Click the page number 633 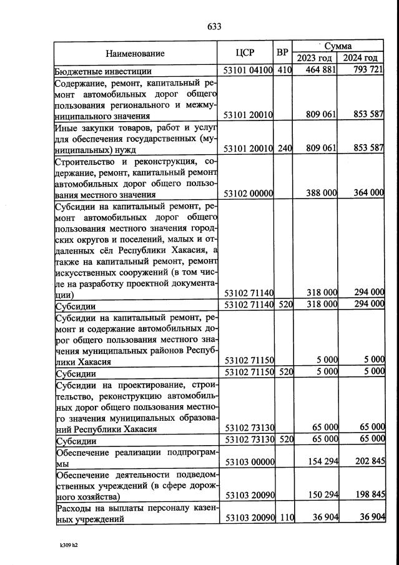pyautogui.click(x=214, y=26)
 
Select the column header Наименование pyautogui.click(x=135, y=54)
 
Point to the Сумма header pyautogui.click(x=338, y=46)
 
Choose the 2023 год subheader pyautogui.click(x=315, y=58)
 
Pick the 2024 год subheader pyautogui.click(x=360, y=58)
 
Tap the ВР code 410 pyautogui.click(x=285, y=70)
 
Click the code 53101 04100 pyautogui.click(x=248, y=70)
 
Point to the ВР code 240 pyautogui.click(x=285, y=150)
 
